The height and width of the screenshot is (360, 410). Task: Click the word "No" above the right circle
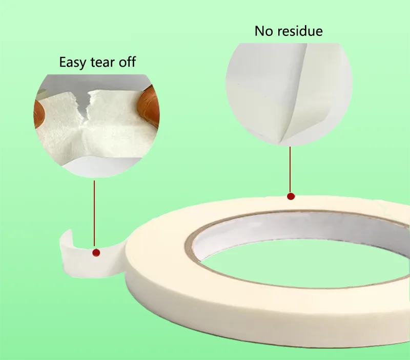click(264, 31)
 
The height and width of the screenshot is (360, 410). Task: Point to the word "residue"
click(300, 31)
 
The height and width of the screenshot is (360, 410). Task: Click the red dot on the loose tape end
click(96, 253)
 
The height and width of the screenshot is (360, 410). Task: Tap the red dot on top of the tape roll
click(291, 196)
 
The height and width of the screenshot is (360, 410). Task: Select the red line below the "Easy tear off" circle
click(94, 213)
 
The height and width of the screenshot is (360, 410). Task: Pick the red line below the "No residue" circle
click(290, 170)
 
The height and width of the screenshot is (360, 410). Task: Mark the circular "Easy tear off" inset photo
click(96, 126)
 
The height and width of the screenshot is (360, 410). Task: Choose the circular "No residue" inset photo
click(289, 95)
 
